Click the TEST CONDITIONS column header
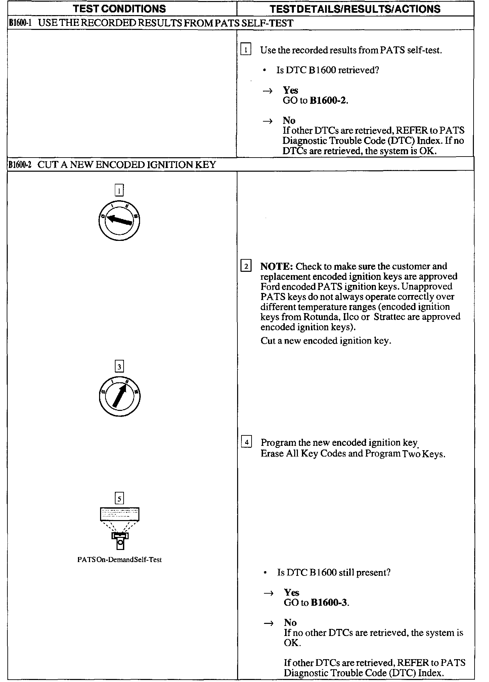coord(120,9)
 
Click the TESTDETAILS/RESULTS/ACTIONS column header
coord(355,9)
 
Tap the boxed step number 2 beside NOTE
coord(246,267)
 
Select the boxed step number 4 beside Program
coord(247,442)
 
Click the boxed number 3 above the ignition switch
coord(119,367)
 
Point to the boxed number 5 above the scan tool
coord(119,498)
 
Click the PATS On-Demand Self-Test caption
coord(120,560)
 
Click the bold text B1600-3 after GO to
coord(329,603)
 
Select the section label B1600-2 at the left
coord(20,165)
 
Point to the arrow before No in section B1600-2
coord(268,624)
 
